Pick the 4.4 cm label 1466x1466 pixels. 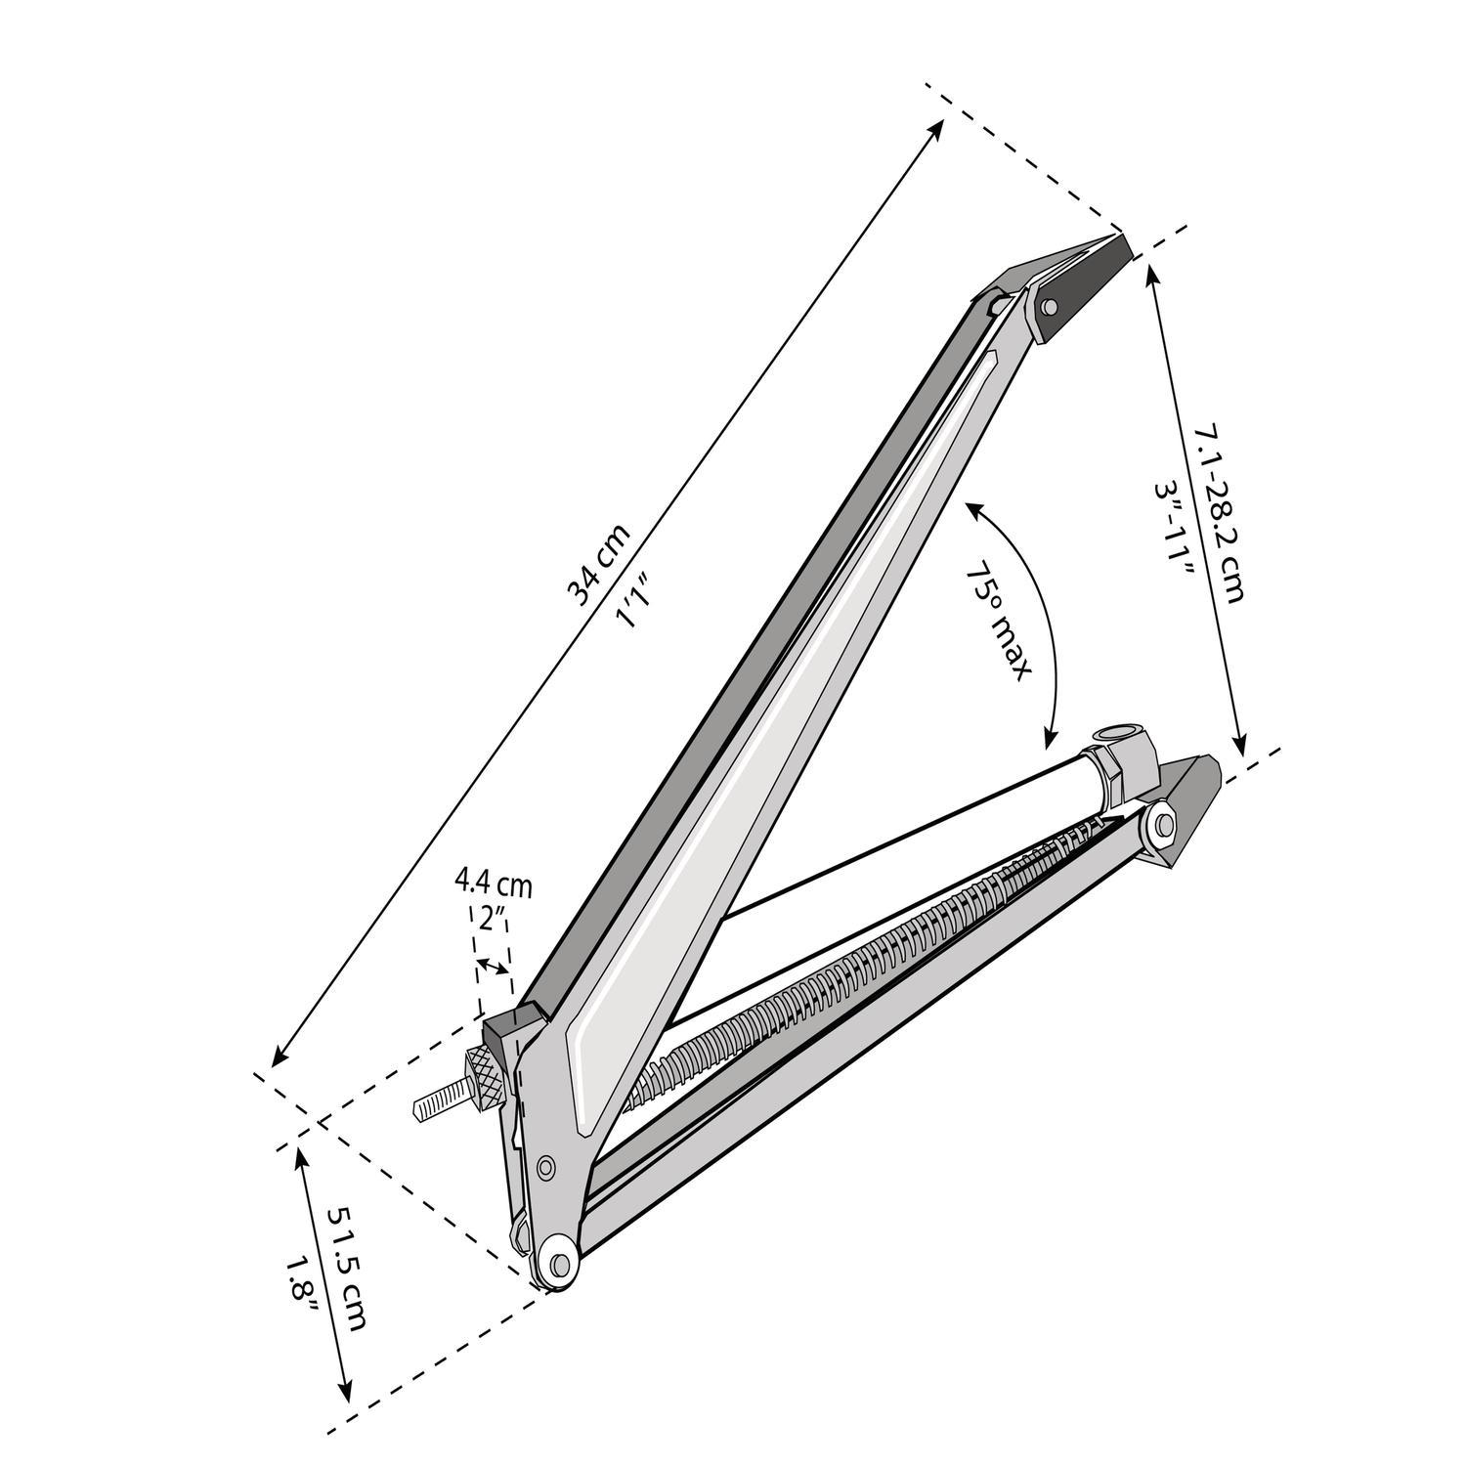[x=493, y=886]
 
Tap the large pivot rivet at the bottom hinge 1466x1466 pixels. [x=558, y=1264]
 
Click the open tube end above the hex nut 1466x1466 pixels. [x=1115, y=733]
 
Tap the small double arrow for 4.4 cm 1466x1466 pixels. [x=493, y=968]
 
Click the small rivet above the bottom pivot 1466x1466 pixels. [x=545, y=1165]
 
